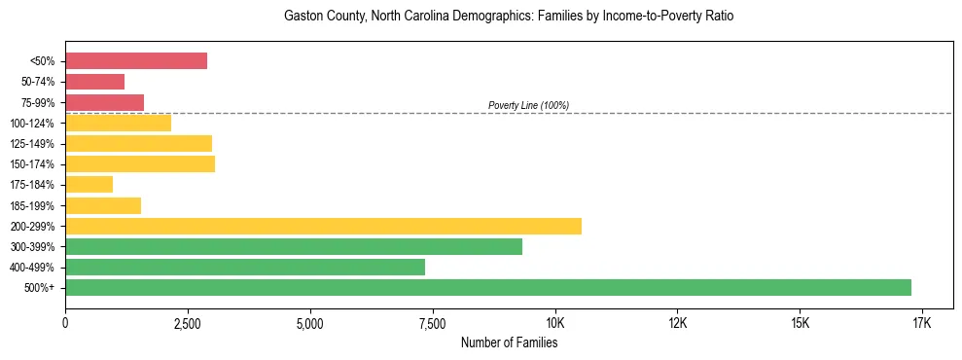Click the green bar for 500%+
pyautogui.click(x=487, y=287)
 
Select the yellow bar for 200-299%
pyautogui.click(x=323, y=226)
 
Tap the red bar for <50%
pyautogui.click(x=136, y=61)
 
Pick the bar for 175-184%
pyautogui.click(x=89, y=184)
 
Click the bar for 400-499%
pyautogui.click(x=245, y=267)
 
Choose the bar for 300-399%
pyautogui.click(x=294, y=246)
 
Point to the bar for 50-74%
pyautogui.click(x=94, y=82)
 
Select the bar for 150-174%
pyautogui.click(x=140, y=163)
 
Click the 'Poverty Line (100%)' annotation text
pyautogui.click(x=528, y=105)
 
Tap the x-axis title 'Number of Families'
pyautogui.click(x=509, y=342)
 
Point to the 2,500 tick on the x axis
pyautogui.click(x=188, y=323)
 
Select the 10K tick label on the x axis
pyautogui.click(x=554, y=323)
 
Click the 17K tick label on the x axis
pyautogui.click(x=922, y=323)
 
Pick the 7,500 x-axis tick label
pyautogui.click(x=432, y=323)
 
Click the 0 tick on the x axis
pyautogui.click(x=65, y=323)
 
